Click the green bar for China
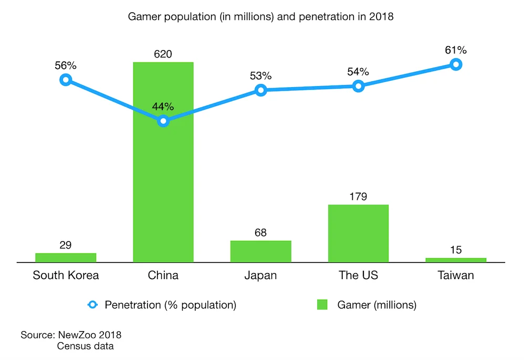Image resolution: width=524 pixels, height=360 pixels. click(163, 173)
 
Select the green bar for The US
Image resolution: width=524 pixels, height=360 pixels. click(358, 233)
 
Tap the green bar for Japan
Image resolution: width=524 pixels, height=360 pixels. click(260, 251)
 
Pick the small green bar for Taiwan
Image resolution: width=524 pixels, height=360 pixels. click(456, 260)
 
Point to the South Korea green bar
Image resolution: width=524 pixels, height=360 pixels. click(66, 257)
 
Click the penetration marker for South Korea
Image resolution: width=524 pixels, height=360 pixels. click(66, 80)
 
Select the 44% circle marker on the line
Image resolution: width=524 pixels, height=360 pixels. click(163, 121)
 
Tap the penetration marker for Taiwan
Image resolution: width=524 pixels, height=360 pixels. click(456, 65)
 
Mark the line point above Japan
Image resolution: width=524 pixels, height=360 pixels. click(260, 90)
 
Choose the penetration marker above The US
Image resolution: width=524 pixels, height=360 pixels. click(358, 86)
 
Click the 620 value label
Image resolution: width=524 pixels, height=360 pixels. click(163, 54)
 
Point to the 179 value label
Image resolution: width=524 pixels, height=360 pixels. click(358, 197)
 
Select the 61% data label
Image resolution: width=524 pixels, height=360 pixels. click(456, 50)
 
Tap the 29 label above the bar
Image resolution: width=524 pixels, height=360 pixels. click(66, 245)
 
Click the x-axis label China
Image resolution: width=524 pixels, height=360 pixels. click(163, 276)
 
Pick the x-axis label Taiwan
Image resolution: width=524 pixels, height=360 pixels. click(456, 276)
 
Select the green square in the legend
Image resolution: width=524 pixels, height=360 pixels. click(322, 305)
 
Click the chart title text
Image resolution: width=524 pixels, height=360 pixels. click(261, 17)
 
